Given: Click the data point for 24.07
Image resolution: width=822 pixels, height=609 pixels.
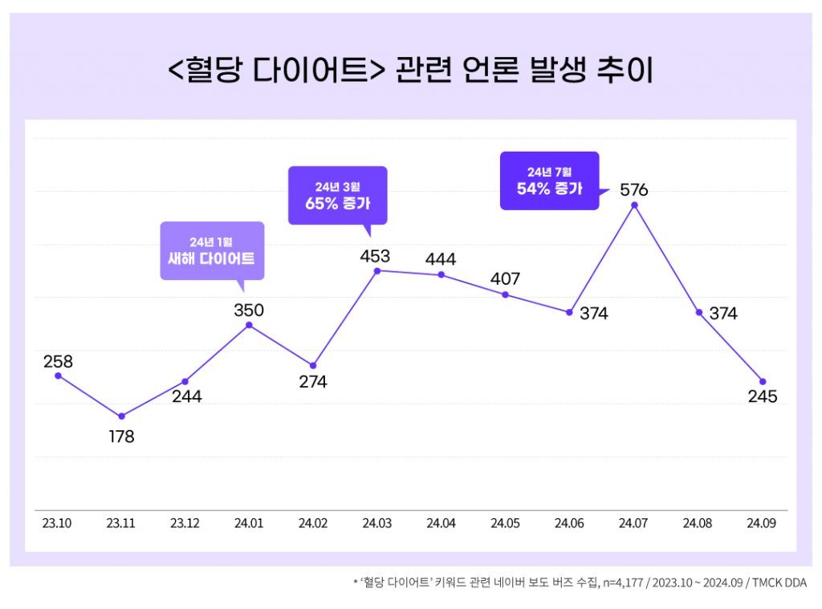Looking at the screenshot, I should [634, 205].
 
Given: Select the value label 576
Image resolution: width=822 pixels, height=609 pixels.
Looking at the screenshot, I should [633, 191].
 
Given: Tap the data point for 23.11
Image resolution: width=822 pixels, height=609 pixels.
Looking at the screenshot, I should [121, 416].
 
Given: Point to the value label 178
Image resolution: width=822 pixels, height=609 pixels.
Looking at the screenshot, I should [121, 437].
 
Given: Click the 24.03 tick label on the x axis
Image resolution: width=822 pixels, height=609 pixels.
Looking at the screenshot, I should [376, 523].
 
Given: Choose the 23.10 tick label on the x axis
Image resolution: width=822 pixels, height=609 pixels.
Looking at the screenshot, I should [57, 523].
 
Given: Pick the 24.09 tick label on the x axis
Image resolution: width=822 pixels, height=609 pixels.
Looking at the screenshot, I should [762, 523].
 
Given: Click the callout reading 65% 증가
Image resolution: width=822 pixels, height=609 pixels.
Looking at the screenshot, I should [337, 195].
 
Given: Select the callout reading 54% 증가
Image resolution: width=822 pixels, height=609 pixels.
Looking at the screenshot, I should [549, 181].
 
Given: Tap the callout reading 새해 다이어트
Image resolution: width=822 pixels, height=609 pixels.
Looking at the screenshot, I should [212, 250].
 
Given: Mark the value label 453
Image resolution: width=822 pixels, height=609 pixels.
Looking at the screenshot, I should [375, 257].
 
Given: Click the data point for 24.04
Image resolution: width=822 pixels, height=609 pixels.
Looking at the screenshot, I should [442, 275].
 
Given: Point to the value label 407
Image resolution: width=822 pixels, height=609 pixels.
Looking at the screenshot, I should [505, 279].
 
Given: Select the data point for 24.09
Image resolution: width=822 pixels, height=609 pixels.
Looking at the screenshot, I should [763, 381].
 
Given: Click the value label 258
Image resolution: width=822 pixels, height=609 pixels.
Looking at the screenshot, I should [58, 362].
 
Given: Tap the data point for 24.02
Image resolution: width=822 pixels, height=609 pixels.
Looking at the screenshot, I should [313, 366].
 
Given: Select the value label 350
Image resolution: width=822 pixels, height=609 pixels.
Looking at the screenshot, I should [249, 311].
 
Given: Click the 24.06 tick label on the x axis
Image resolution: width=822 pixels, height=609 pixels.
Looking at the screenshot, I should [569, 523].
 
